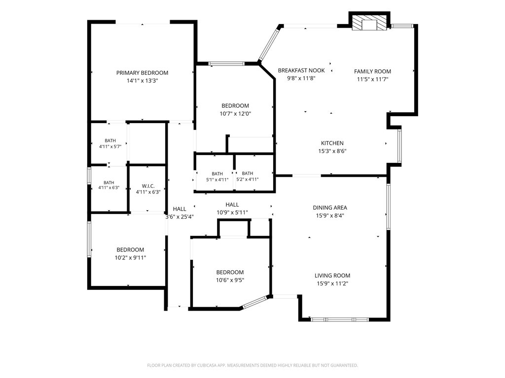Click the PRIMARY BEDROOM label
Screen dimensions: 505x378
142,73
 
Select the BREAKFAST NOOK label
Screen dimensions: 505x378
301,70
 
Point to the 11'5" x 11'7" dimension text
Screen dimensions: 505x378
373,79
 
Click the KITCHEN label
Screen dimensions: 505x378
332,143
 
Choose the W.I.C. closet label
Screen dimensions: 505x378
148,186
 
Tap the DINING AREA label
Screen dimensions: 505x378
330,208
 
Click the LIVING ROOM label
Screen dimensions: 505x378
332,276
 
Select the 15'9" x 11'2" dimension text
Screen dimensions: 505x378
332,283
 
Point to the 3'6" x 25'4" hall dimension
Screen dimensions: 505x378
180,217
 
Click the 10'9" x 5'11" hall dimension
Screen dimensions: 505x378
232,213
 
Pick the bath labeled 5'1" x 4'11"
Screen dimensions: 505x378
217,177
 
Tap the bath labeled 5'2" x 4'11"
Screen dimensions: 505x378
248,177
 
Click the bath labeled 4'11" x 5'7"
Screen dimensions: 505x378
110,144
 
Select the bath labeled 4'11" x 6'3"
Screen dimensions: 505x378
109,185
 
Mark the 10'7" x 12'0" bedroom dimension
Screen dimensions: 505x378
235,114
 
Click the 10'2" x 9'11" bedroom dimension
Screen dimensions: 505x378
130,258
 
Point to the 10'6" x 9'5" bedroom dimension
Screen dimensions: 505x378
230,280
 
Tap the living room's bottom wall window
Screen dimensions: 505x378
339,319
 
